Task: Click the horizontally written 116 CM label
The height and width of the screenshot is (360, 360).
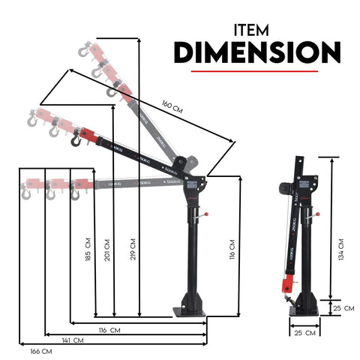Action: point(110,330)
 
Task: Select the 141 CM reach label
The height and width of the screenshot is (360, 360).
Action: point(72,340)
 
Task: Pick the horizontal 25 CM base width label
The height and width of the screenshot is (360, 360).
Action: point(304,331)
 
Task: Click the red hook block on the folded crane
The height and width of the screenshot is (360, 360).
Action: point(286,284)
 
